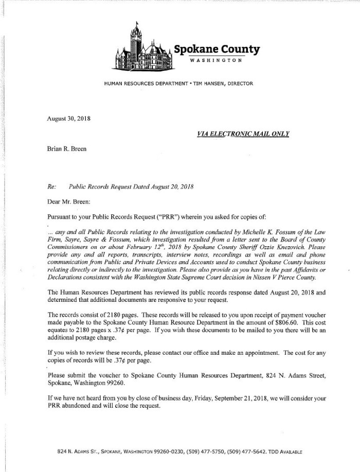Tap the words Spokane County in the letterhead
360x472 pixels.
tap(217, 49)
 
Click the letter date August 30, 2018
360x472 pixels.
tap(68, 119)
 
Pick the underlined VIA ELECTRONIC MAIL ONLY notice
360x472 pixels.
tap(243, 134)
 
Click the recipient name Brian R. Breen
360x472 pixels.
tap(66, 149)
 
